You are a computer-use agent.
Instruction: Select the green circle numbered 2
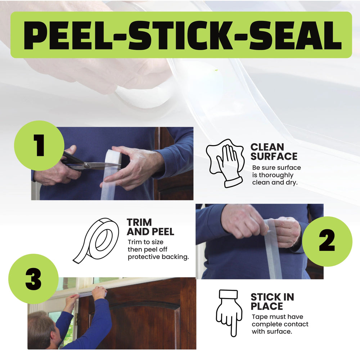point(327,242)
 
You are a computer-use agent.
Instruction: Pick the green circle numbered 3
point(33,279)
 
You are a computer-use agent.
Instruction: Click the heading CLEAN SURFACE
point(274,152)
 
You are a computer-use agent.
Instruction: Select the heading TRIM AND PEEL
point(150,227)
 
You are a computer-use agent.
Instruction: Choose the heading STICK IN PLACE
point(272,302)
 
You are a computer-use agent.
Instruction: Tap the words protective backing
point(158,257)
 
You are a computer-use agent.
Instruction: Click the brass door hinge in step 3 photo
point(76,318)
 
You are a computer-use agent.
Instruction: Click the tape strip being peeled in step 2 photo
point(274,252)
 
